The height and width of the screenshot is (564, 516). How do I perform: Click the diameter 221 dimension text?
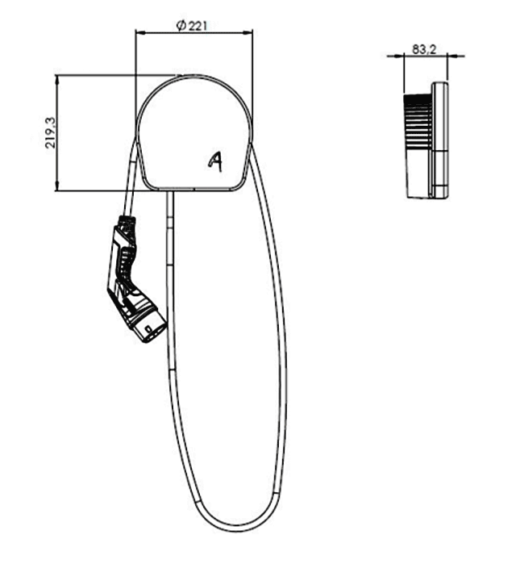[192, 26]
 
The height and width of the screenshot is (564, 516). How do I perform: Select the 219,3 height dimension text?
[50, 132]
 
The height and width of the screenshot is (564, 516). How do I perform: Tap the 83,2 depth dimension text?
[424, 49]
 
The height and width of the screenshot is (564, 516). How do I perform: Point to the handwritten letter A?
[215, 161]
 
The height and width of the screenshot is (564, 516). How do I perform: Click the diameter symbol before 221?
[181, 26]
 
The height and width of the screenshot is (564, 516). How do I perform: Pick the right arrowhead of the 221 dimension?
[248, 33]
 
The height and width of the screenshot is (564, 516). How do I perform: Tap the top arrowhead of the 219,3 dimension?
[56, 80]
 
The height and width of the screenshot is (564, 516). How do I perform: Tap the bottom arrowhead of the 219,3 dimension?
[56, 186]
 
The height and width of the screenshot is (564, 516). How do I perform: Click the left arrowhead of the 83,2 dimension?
[400, 56]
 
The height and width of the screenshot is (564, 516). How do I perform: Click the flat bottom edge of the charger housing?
[194, 189]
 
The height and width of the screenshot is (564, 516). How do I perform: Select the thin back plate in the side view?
[440, 140]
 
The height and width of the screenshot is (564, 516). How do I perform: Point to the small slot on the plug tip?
[148, 330]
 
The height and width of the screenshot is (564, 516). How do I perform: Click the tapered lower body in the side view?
[418, 173]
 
